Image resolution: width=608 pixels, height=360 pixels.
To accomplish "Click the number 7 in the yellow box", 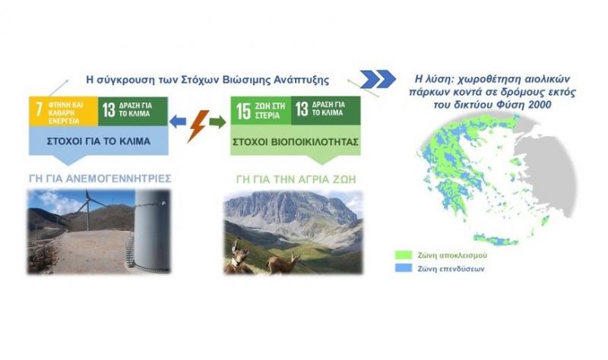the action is coord(39,109).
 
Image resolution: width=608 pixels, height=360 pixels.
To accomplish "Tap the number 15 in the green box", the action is coord(243,111).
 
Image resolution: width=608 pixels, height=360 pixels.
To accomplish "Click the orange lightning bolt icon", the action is coord(198,126).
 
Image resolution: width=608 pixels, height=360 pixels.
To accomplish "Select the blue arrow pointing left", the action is coord(178,122).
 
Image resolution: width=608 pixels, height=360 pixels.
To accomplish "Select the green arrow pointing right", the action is coord(217,122).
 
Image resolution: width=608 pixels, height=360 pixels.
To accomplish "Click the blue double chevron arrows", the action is coord(378,80).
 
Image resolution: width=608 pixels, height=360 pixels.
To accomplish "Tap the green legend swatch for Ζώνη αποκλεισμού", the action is coord(404,255).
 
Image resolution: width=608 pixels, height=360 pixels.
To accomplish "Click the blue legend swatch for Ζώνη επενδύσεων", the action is coord(404,268).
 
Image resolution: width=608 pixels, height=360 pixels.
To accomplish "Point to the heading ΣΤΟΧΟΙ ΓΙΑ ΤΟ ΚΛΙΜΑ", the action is coord(99,141).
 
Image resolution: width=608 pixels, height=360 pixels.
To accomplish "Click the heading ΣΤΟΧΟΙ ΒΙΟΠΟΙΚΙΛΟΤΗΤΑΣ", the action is coord(296,142).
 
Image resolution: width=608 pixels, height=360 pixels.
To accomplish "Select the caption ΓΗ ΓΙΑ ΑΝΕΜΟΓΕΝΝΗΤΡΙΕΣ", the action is coord(100,178).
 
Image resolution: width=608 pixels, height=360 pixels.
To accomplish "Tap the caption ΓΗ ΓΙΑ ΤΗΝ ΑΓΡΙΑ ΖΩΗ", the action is coord(296,179).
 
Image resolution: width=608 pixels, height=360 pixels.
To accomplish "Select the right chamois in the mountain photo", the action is coord(283,263).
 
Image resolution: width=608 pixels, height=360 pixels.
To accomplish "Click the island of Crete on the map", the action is coord(496,239).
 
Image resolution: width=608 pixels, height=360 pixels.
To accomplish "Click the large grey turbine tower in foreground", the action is coord(152,230).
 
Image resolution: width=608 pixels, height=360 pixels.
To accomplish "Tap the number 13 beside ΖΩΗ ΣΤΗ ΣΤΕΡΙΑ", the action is coord(302,109).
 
